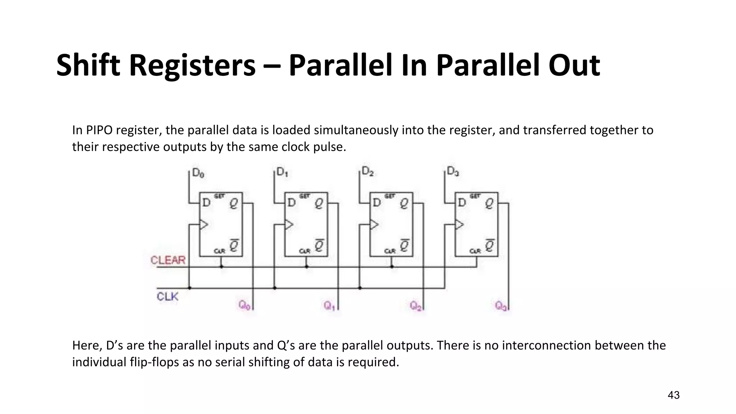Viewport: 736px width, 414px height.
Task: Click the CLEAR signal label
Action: tap(168, 260)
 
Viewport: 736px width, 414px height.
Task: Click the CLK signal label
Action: tap(167, 296)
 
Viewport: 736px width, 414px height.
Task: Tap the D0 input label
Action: tap(198, 173)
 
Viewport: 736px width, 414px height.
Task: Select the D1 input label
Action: tap(282, 172)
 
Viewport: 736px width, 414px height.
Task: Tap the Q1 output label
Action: tap(329, 305)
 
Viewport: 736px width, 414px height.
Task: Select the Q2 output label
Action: tap(415, 306)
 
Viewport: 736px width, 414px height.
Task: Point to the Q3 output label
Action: tap(501, 305)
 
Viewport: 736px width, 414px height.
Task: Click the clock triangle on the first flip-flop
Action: tap(204, 225)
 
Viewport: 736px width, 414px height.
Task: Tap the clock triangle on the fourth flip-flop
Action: tap(459, 225)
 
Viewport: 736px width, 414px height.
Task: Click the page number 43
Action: tap(673, 395)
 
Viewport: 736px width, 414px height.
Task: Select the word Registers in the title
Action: tap(192, 65)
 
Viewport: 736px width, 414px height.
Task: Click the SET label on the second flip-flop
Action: tap(304, 196)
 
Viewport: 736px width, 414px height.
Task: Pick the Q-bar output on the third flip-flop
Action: tap(404, 245)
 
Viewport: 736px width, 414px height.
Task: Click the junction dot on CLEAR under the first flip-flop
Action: tap(221, 267)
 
